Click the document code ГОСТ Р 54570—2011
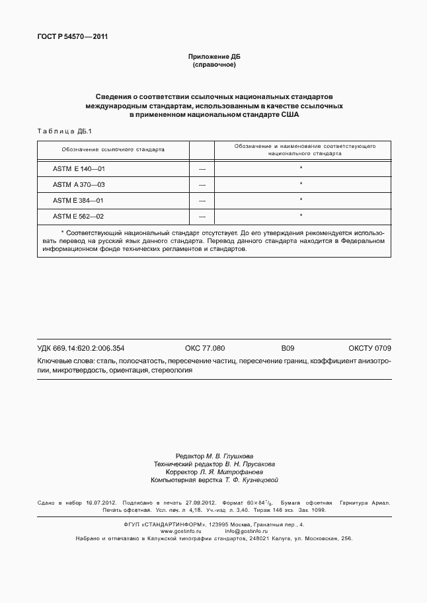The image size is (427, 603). point(72,36)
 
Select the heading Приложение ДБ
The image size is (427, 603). point(213,57)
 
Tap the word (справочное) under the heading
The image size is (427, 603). point(213,65)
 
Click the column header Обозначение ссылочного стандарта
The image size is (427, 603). point(113,149)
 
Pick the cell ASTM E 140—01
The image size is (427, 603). point(79,169)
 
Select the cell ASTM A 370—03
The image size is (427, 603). point(79,184)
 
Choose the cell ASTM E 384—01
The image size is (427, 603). point(79,199)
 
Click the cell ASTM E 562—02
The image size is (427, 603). point(79,215)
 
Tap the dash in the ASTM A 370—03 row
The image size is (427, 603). point(202,185)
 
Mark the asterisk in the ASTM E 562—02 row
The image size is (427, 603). point(301,215)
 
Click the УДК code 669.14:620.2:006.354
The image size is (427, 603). point(90,348)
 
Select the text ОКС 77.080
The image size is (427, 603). point(205,348)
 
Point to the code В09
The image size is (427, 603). point(288,348)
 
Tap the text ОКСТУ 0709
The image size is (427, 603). point(369,348)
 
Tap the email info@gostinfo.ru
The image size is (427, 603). point(246,531)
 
